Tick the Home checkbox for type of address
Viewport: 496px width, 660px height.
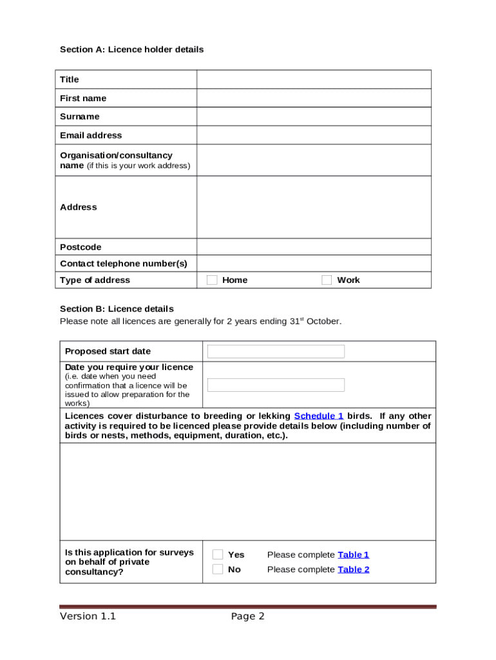212,280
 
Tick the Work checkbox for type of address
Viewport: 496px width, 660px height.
327,280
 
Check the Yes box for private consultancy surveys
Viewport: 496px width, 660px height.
218,554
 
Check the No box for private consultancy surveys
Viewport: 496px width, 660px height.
218,569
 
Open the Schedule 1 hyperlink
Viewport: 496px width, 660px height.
319,416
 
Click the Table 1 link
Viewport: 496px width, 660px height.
354,555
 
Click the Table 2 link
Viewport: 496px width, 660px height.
354,570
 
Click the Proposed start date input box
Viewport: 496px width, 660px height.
276,351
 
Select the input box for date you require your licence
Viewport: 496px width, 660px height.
276,385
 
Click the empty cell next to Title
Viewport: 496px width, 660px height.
314,79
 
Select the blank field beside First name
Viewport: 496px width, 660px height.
314,98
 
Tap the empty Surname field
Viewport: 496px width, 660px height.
314,117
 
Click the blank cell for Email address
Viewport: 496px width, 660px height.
314,135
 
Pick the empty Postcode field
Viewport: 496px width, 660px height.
314,247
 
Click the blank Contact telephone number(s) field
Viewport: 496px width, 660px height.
314,263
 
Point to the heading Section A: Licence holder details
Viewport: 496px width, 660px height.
131,50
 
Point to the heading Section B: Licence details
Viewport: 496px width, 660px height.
117,309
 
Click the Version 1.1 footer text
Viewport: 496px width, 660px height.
88,616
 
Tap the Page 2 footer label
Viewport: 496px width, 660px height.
248,616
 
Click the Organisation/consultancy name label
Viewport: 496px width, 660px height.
116,155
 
